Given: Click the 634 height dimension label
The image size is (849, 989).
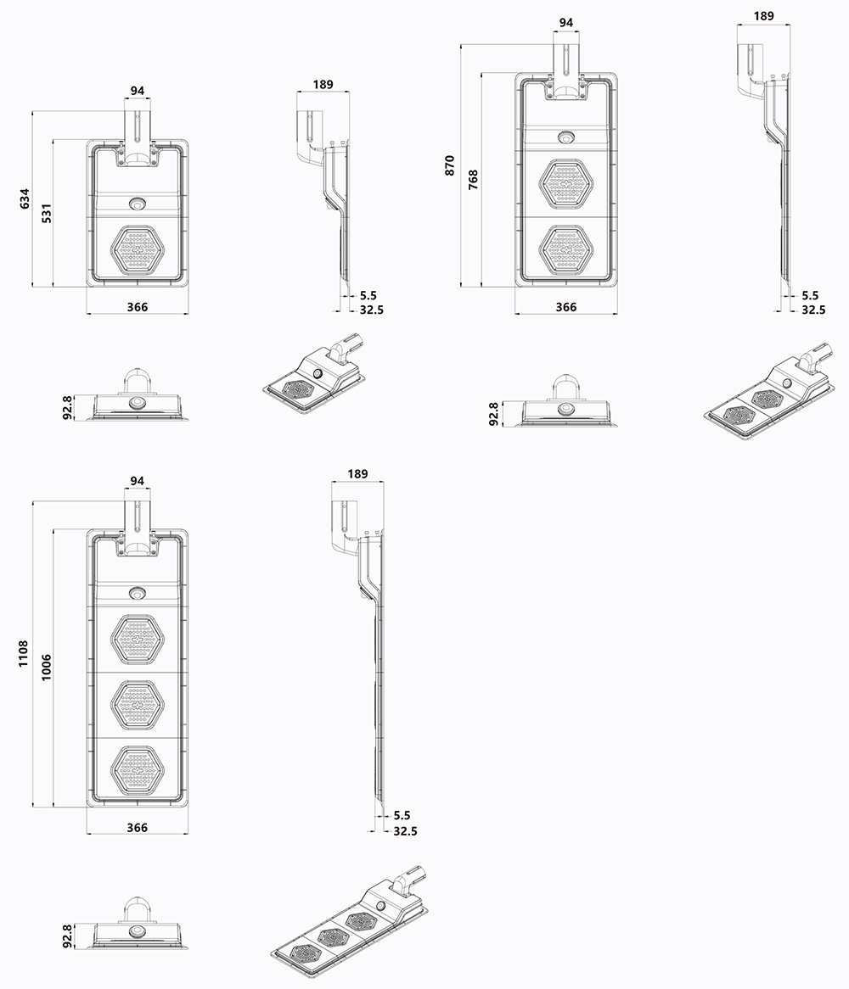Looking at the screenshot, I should (25, 198).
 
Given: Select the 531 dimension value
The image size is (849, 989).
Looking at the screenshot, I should (47, 213).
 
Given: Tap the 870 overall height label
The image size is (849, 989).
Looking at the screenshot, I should (450, 165).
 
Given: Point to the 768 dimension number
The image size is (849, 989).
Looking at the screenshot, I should (473, 180).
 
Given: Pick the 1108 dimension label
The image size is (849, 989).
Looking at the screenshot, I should (25, 653).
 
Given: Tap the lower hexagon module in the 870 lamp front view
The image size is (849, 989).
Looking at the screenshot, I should (566, 249).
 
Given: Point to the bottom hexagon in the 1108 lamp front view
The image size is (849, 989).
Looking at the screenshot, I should (137, 770).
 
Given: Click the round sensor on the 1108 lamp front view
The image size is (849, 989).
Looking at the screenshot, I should (137, 591).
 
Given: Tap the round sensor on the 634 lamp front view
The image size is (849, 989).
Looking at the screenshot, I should (137, 204).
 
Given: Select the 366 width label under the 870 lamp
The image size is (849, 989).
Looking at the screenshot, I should (565, 307).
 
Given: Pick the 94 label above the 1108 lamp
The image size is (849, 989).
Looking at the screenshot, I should (137, 481).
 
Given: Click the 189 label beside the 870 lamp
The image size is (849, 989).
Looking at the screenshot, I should (763, 15).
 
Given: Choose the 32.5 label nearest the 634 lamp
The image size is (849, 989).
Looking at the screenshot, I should (371, 310).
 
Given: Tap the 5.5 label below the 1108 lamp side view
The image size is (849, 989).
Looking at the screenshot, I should (402, 816).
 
